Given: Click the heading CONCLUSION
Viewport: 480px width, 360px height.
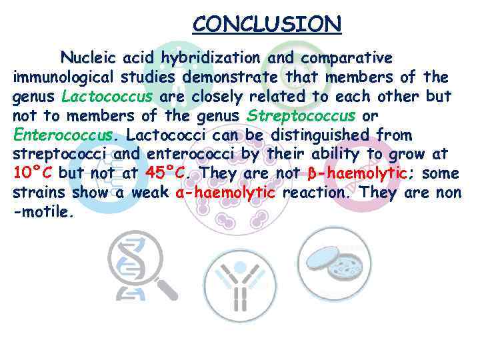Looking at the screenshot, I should (x=267, y=25).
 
